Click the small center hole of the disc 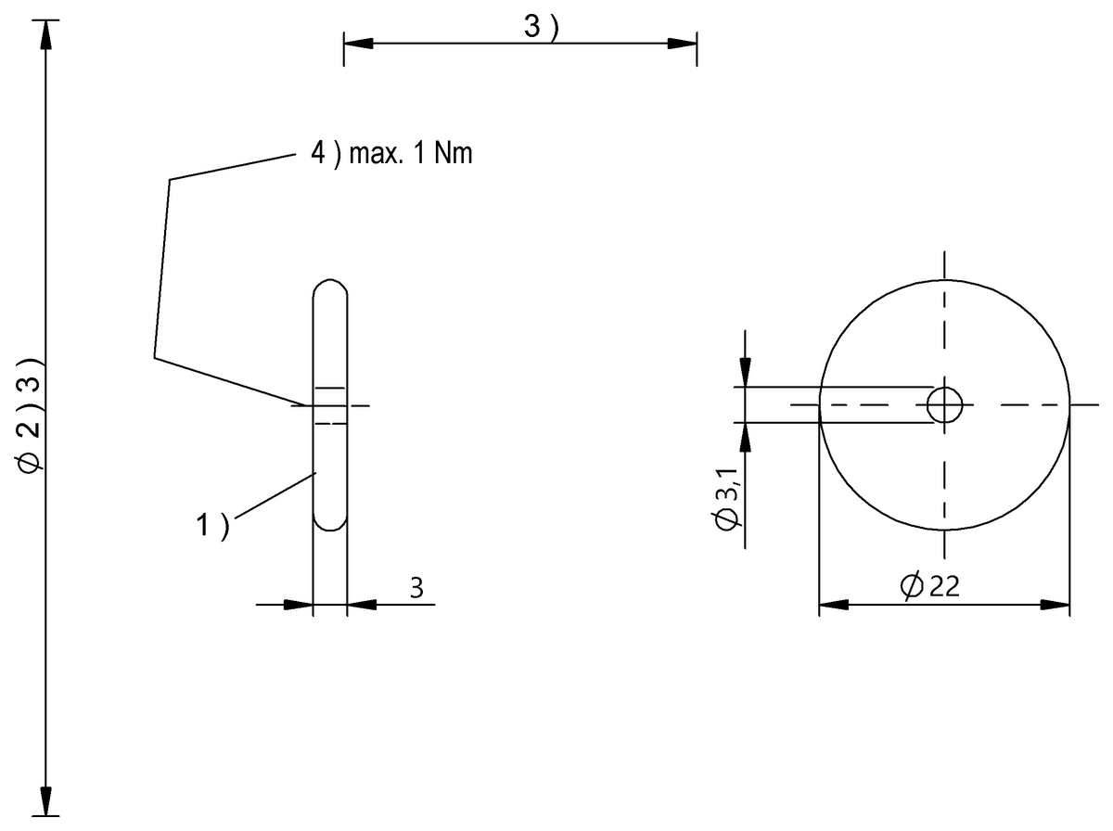[x=944, y=405]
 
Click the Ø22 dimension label [x=929, y=586]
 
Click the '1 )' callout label [x=211, y=526]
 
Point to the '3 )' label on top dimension [x=541, y=28]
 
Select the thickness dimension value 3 [x=416, y=587]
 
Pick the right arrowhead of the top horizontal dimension [x=683, y=43]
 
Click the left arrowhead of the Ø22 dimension [x=833, y=605]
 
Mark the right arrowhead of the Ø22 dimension [x=1055, y=605]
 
